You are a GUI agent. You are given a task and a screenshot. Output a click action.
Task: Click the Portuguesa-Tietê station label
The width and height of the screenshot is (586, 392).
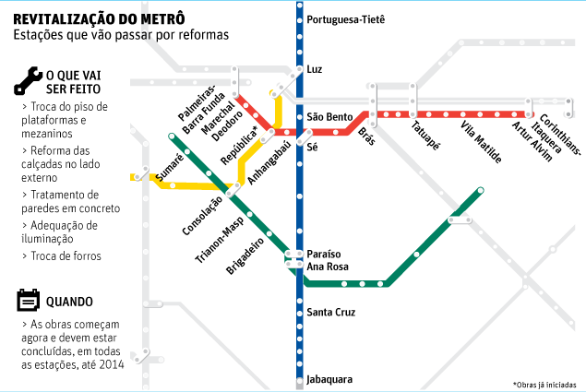[x=345, y=19]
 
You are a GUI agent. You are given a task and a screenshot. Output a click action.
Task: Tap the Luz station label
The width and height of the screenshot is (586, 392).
[x=315, y=70]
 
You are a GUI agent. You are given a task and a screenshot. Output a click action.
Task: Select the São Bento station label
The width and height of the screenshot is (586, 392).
[x=329, y=117]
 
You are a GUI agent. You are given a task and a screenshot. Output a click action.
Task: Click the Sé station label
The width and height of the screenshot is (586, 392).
[x=312, y=147]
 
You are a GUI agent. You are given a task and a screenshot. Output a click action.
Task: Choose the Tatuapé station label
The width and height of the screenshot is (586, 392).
[x=425, y=136]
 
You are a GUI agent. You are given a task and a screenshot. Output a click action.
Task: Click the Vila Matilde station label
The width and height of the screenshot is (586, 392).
[x=481, y=142]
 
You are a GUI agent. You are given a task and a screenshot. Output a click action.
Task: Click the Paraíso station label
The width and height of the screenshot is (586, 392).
[x=324, y=253]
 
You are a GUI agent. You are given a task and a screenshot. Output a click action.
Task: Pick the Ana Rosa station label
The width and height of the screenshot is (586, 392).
[x=329, y=267]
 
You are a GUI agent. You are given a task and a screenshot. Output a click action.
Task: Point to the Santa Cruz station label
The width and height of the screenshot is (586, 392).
[x=330, y=313]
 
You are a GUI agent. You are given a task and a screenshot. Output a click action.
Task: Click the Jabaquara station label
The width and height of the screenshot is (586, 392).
[x=329, y=379]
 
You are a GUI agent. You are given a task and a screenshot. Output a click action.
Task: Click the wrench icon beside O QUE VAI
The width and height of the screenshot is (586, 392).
[x=26, y=82]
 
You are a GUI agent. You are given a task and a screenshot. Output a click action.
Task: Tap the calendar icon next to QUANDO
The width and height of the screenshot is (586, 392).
[x=27, y=301]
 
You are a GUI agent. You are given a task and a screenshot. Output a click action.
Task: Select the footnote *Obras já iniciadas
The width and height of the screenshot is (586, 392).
[x=544, y=384]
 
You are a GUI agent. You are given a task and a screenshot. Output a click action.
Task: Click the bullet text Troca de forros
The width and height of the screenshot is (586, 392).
[x=66, y=255]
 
